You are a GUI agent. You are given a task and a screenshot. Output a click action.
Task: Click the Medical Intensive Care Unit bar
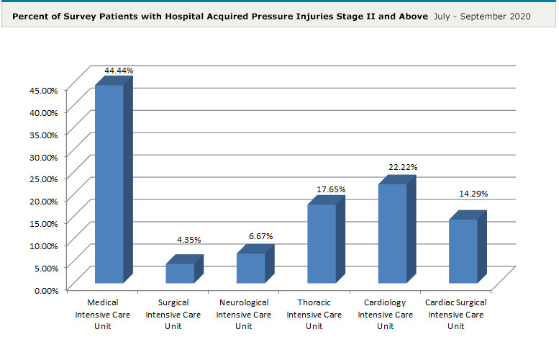[x=109, y=184]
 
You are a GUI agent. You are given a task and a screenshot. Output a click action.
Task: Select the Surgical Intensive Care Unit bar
[x=180, y=273]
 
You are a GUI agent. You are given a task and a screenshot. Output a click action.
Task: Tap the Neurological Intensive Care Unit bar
[x=250, y=268]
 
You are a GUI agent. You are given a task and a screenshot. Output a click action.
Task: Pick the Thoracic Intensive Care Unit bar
[x=321, y=243]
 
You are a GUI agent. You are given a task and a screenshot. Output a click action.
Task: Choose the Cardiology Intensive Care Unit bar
[x=392, y=233]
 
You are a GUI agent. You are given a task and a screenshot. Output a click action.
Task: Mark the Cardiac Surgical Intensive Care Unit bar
[x=463, y=251]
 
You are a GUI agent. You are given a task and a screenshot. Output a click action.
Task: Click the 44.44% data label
[x=119, y=71]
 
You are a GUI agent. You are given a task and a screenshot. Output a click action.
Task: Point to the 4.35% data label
[x=190, y=240]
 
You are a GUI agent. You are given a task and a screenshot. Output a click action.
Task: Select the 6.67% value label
[x=260, y=236]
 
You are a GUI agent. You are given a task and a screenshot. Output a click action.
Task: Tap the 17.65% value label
[x=331, y=189]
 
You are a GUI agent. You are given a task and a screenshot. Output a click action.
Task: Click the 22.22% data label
[x=403, y=167]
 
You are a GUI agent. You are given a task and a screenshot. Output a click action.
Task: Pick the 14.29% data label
[x=473, y=194]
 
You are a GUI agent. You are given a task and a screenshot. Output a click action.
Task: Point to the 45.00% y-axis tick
[x=43, y=90]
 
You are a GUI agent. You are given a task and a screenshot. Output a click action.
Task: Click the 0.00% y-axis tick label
[x=45, y=290]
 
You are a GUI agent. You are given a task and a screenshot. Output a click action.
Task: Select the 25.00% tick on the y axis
[x=43, y=179]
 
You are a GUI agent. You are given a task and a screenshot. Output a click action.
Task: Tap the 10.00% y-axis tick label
[x=43, y=246]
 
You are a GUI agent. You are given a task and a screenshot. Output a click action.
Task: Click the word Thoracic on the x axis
[x=314, y=302]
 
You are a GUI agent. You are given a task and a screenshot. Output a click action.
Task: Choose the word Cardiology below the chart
[x=386, y=302]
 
